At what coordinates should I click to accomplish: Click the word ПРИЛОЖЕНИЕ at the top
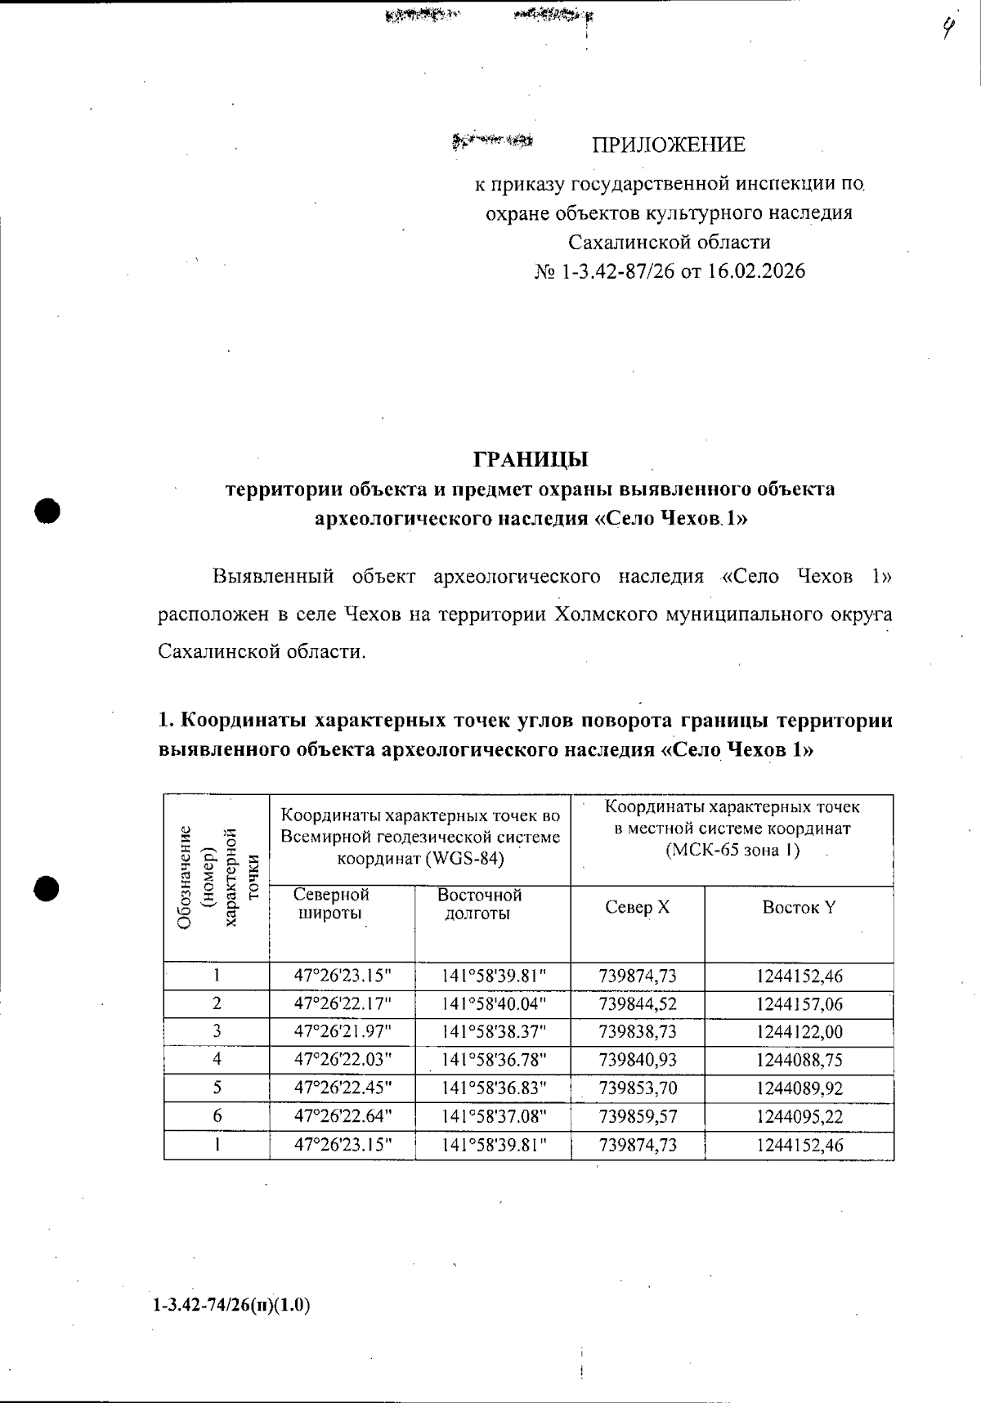pos(668,145)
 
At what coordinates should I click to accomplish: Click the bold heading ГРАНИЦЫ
pos(531,458)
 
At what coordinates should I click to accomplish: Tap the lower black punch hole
pos(48,887)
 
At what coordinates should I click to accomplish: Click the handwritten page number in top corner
pos(947,30)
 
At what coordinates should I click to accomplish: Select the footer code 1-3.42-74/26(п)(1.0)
pos(231,1305)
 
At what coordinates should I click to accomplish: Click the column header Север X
pos(637,907)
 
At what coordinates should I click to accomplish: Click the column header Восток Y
pos(798,907)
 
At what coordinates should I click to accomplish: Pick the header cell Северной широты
pos(331,905)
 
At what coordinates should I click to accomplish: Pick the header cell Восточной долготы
pos(479,905)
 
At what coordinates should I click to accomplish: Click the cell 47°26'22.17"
pos(343,1003)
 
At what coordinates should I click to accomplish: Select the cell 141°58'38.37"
pos(493,1032)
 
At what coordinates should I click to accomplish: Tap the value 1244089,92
pos(799,1088)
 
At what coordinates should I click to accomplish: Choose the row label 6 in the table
pos(217,1116)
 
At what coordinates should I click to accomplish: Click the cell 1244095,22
pos(799,1116)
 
